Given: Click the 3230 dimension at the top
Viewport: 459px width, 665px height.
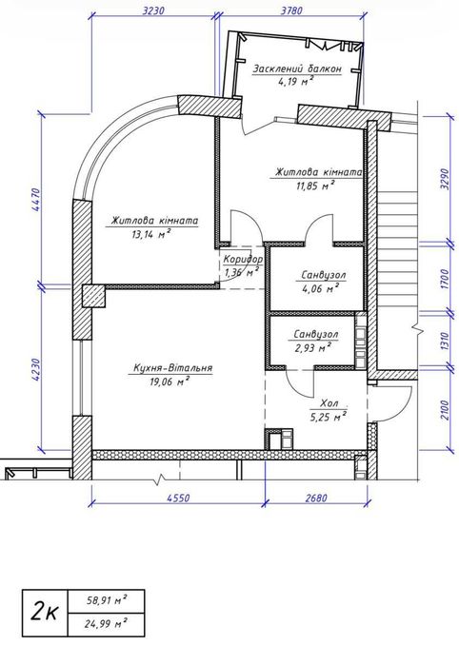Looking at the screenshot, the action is coord(153,10).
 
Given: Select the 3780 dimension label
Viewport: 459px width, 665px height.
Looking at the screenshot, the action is coord(291,10).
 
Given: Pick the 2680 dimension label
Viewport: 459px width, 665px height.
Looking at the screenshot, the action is coord(316,497).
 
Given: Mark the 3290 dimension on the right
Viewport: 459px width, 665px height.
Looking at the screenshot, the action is coord(445,181).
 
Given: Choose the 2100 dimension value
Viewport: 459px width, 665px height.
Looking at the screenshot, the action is coord(445,410).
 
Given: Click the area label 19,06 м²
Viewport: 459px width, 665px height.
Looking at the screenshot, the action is coord(169,381).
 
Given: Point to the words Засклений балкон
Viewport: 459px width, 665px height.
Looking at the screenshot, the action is coord(297,69).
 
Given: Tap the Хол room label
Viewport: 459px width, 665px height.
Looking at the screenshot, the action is coord(329,403).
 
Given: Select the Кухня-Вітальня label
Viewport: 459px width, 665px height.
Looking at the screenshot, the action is coord(172,368).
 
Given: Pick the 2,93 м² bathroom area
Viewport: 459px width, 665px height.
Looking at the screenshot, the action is coord(313,348).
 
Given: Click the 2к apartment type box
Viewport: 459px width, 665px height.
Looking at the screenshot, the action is coord(45,613).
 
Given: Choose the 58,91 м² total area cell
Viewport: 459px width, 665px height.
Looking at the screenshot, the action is coord(106,601).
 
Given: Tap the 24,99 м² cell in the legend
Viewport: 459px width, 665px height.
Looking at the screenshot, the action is coord(106,625).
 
